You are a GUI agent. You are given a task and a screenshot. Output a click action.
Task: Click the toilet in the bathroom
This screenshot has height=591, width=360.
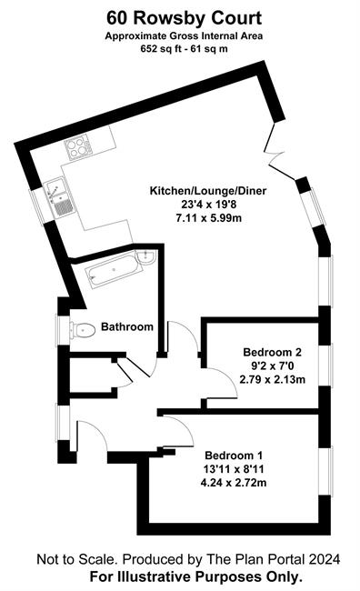click(x=82, y=330)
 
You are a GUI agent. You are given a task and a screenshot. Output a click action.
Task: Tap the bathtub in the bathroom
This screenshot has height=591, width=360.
click(x=114, y=270)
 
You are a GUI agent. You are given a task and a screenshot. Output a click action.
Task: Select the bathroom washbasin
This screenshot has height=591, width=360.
click(x=145, y=256)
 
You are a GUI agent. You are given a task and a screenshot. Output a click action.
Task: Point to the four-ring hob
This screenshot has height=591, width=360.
click(x=78, y=148)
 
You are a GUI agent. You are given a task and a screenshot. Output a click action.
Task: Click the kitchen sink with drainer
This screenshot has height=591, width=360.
click(x=60, y=197)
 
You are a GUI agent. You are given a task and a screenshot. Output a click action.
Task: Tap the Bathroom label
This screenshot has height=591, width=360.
click(x=127, y=326)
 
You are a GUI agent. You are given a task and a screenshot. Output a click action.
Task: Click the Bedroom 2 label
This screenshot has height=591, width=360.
click(x=272, y=352)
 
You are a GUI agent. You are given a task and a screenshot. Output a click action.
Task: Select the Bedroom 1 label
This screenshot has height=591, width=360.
click(x=234, y=455)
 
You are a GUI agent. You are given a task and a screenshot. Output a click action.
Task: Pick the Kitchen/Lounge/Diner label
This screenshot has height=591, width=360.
click(x=208, y=191)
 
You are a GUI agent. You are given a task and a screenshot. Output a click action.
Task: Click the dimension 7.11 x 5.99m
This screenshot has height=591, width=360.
click(x=209, y=218)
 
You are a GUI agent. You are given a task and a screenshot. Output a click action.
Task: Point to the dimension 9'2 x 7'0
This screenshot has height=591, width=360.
click(x=272, y=366)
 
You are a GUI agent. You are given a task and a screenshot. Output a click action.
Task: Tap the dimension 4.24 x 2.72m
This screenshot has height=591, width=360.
click(x=234, y=483)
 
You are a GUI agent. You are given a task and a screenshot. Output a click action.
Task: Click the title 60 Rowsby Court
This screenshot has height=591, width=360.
click(x=184, y=17)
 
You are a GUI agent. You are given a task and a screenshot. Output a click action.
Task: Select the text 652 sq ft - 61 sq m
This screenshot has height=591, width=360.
click(x=184, y=49)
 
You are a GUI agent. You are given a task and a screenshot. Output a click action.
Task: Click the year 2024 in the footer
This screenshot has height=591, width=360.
click(x=325, y=559)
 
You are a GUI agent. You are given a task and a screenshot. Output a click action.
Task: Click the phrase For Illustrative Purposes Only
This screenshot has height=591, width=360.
click(x=196, y=576)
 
